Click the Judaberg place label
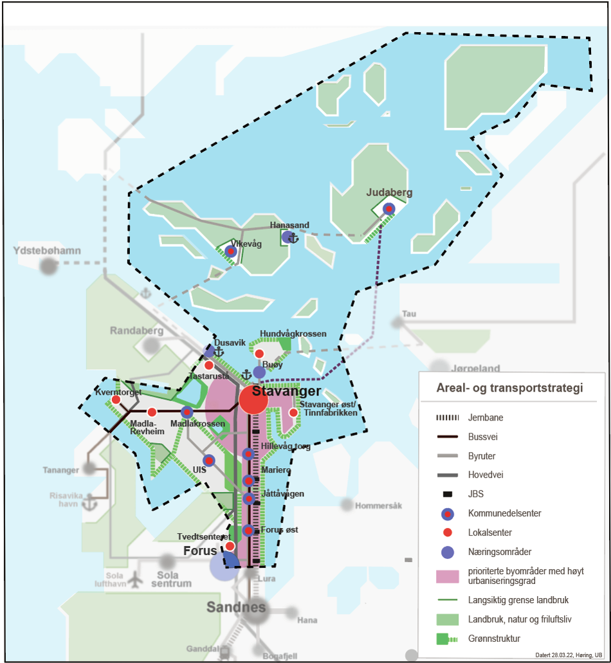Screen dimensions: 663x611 389,192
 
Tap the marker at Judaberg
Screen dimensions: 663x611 388,208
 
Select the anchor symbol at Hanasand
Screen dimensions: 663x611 293,238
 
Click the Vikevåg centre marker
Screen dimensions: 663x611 230,251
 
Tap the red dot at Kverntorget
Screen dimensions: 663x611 116,400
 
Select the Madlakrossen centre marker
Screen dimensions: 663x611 187,412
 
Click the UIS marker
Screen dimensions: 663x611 208,460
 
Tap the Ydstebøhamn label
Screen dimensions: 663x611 42,250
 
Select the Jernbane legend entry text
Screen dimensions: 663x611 486,417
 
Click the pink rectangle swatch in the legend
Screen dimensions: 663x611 447,576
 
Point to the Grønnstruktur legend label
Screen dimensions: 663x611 494,639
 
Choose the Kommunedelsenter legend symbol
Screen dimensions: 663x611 448,514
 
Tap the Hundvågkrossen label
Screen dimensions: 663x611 293,334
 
